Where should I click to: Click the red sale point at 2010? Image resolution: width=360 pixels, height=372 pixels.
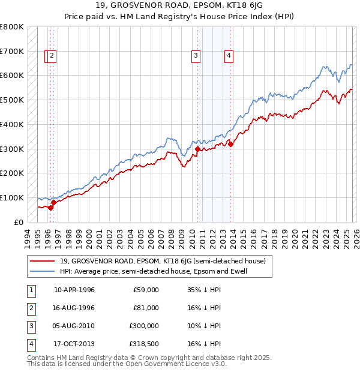(x=197, y=149)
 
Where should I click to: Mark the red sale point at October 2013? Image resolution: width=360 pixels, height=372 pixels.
(x=230, y=144)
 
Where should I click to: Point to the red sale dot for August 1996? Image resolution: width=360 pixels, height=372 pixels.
(x=53, y=202)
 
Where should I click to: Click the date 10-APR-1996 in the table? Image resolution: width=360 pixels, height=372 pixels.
(x=74, y=290)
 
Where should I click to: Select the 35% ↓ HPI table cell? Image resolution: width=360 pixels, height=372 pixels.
(x=204, y=290)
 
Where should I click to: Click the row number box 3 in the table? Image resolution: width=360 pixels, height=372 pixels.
(x=31, y=326)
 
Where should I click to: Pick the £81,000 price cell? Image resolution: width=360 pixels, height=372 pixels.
(x=146, y=308)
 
